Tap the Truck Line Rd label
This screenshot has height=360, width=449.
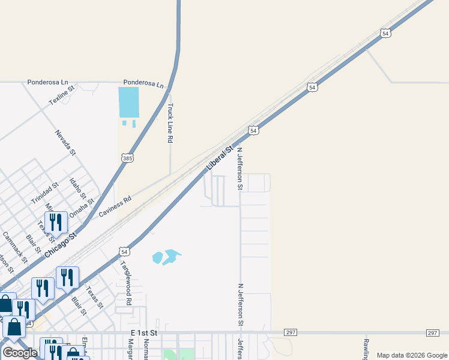tap(170, 123)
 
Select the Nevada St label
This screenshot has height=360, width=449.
tap(65, 143)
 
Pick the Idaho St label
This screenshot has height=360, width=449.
tap(77, 188)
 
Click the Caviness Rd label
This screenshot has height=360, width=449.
tap(115, 206)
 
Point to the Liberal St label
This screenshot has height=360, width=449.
tap(219, 157)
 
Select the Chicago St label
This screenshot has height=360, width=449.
tap(61, 245)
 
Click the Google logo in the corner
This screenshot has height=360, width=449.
tap(20, 353)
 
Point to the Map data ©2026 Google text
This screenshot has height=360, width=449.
tap(412, 355)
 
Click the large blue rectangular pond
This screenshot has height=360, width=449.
tap(128, 102)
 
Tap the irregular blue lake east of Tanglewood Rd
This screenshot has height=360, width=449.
tap(167, 257)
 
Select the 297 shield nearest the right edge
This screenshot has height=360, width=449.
tap(433, 333)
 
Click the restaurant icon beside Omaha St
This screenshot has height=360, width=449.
tap(56, 222)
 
